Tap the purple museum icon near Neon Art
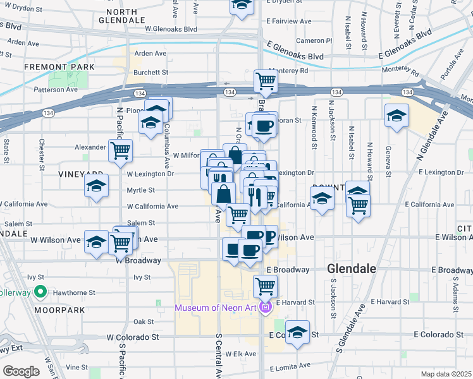pos(265,308)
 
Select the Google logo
pos(21,371)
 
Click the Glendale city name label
pos(352,268)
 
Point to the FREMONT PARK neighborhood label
pos(59,66)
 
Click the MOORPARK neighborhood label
pos(25,311)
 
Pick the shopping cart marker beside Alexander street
pos(120,151)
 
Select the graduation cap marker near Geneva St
pos(396,116)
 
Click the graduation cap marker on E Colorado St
pos(297,332)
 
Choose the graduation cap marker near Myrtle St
pos(96,186)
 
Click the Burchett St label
pos(150,72)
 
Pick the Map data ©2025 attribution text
pos(446,374)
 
